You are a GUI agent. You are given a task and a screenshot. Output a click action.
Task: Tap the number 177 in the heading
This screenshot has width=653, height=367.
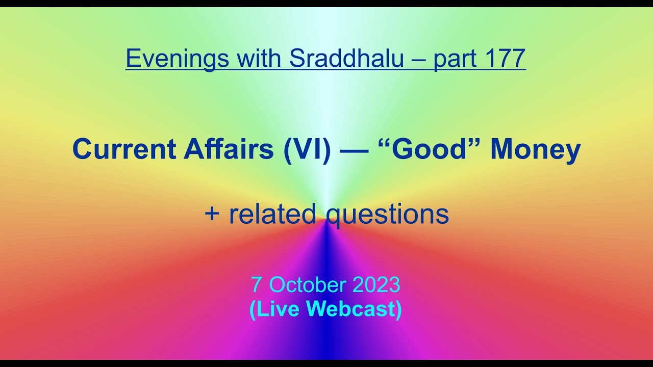click(x=506, y=59)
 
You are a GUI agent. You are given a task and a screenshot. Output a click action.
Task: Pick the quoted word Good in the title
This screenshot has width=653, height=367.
click(x=430, y=149)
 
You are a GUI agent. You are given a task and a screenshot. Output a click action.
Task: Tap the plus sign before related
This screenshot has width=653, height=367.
click(x=211, y=215)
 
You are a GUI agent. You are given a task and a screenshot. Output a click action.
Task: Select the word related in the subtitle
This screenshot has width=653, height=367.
click(x=272, y=214)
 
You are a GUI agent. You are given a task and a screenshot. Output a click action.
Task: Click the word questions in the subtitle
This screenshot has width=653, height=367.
click(x=387, y=215)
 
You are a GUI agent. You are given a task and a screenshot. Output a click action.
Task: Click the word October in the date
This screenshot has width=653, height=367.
click(x=304, y=285)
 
